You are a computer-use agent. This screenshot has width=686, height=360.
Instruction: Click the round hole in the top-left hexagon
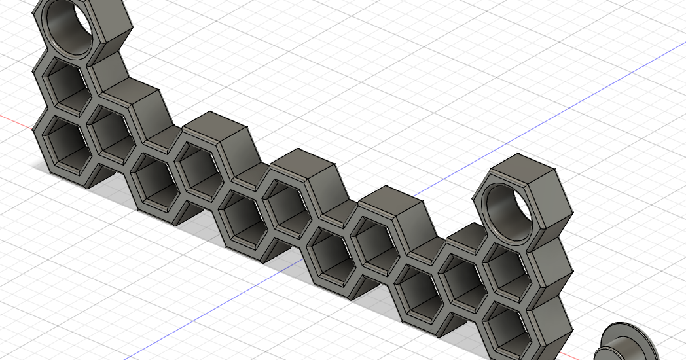pos(68,26)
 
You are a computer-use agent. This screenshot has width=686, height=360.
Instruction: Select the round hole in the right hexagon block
pos(505,209)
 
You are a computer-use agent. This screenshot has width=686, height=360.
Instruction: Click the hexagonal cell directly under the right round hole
pos(507,270)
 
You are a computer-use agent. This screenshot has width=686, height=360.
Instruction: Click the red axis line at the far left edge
pos(13,120)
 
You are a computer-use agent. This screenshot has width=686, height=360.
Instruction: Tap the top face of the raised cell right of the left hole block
pos(131,91)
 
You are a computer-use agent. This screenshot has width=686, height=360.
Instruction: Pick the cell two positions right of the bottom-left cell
pos(153,180)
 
